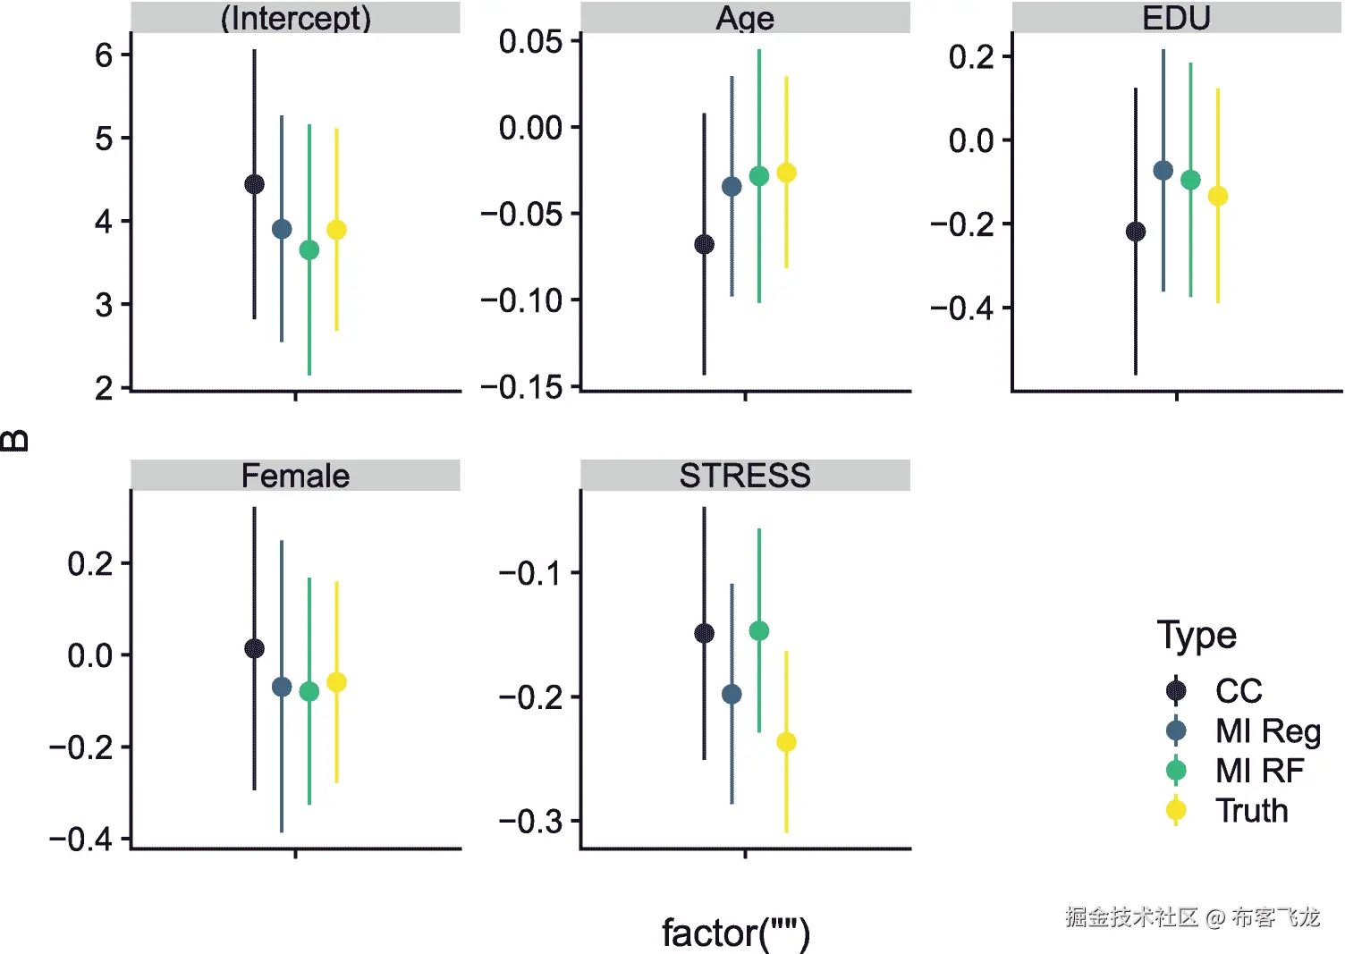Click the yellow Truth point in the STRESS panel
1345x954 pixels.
786,742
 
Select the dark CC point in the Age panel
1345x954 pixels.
704,244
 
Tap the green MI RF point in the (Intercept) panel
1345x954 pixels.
309,249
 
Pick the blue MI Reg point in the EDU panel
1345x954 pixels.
1163,170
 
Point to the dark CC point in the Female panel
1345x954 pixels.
254,648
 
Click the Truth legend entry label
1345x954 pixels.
1251,811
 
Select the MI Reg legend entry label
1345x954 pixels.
1267,730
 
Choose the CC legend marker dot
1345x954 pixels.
1176,690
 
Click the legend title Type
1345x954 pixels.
1197,636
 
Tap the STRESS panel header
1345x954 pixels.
745,476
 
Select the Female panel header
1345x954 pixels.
295,476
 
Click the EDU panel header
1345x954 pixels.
1176,18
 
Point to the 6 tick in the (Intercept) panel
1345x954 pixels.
104,55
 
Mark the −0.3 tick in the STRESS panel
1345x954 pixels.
531,821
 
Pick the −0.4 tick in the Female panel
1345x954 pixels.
81,839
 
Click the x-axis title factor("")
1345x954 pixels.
735,933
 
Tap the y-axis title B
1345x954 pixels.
15,440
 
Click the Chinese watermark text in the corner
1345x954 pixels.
1191,916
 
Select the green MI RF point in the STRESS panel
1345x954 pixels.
758,631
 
